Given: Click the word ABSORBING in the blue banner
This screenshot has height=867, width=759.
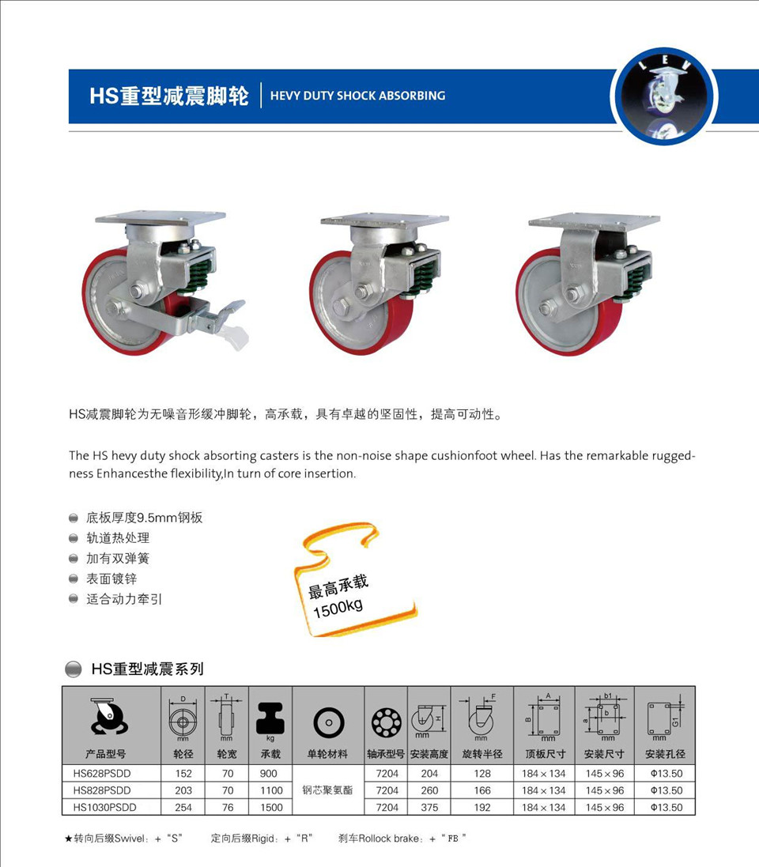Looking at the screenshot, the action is click(x=412, y=96).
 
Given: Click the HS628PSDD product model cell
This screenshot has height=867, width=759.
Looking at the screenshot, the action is click(x=102, y=774).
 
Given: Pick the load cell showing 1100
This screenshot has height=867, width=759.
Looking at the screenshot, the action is click(x=271, y=790).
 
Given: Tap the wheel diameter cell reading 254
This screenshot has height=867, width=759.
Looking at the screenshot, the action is click(x=183, y=807).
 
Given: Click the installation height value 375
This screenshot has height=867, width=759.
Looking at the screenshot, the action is click(x=429, y=807).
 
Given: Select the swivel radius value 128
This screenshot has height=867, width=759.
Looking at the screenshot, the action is click(x=481, y=774).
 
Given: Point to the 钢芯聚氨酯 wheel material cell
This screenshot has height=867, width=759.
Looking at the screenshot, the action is click(x=327, y=790).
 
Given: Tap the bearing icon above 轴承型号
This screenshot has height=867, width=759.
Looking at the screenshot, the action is click(x=386, y=722).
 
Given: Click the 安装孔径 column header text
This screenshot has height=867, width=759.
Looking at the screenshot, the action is click(x=665, y=754).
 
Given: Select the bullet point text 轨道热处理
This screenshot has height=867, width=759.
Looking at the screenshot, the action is click(x=118, y=538).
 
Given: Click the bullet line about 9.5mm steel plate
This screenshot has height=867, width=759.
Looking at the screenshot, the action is click(x=145, y=518).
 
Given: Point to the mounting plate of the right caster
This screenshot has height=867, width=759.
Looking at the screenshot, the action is click(x=594, y=222).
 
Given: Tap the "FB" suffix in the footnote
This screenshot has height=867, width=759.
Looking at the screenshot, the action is click(x=453, y=839).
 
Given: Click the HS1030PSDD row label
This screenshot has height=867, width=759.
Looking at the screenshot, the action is click(x=104, y=807).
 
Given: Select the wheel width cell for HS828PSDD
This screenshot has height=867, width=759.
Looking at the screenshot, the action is click(x=228, y=790).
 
